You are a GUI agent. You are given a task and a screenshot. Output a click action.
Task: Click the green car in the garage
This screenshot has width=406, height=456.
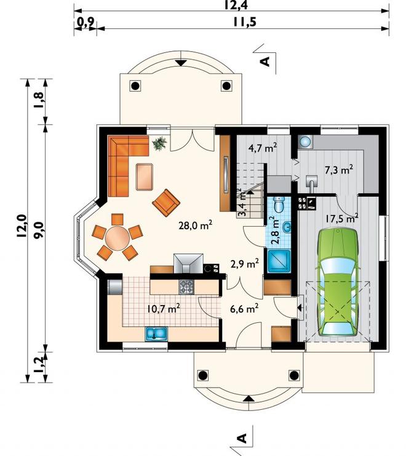click(338, 282)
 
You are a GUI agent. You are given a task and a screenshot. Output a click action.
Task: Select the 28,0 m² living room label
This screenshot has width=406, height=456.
click(196, 225)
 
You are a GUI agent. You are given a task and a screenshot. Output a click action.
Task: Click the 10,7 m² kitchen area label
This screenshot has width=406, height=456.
click(164, 308)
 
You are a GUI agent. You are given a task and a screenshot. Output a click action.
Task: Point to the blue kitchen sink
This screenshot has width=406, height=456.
click(156, 333)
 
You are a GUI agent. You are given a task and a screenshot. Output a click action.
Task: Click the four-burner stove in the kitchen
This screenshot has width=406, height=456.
click(186, 287)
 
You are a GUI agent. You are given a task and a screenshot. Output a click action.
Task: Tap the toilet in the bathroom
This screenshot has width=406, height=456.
click(280, 204)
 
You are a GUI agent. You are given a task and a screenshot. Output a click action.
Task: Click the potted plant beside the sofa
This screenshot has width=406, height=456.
click(160, 144)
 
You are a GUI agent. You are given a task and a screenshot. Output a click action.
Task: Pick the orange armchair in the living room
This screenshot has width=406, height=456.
click(166, 202)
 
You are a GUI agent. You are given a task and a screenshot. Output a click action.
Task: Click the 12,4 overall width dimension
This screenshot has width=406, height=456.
click(235, 5)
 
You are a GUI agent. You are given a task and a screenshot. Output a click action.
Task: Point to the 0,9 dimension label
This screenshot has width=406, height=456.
click(85, 22)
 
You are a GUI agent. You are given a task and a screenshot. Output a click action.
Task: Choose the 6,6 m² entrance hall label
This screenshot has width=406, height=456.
click(244, 308)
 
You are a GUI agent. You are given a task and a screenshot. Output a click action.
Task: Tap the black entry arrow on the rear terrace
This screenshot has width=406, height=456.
click(181, 62)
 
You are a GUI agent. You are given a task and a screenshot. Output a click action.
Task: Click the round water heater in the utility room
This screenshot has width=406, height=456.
click(305, 142)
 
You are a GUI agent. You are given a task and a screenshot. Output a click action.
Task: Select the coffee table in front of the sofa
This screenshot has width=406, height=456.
click(145, 177)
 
